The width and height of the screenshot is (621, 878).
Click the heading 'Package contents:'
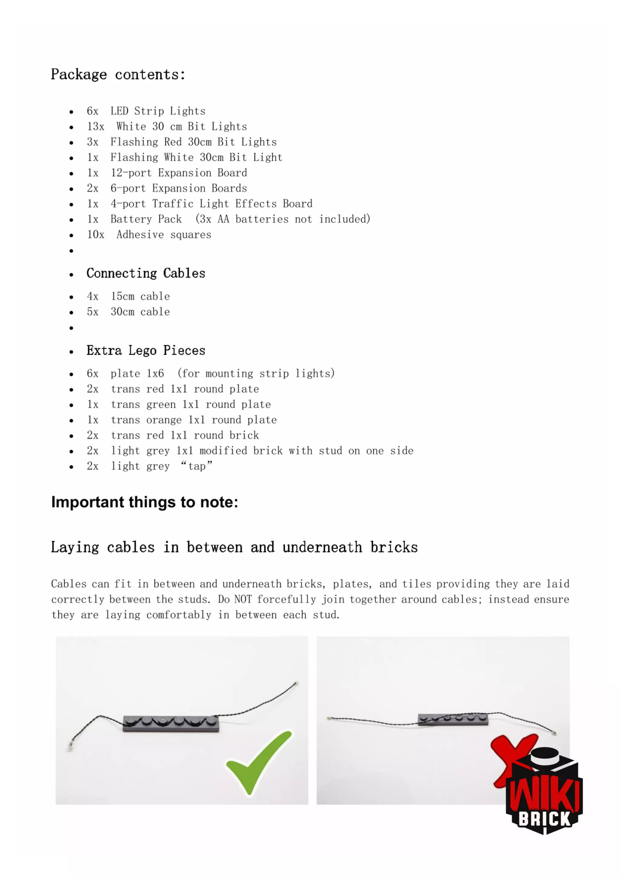pyautogui.click(x=118, y=74)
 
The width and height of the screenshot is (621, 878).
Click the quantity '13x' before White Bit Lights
pyautogui.click(x=95, y=127)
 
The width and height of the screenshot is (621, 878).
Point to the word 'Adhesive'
pyautogui.click(x=140, y=235)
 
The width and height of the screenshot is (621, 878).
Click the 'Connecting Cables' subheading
pyautogui.click(x=146, y=273)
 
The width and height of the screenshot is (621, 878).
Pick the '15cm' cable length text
pyautogui.click(x=123, y=296)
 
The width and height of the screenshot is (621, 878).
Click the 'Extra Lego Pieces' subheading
pyautogui.click(x=146, y=351)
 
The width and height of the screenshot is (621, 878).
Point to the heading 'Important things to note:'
pyautogui.click(x=145, y=502)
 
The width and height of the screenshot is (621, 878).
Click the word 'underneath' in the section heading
pyautogui.click(x=322, y=547)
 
